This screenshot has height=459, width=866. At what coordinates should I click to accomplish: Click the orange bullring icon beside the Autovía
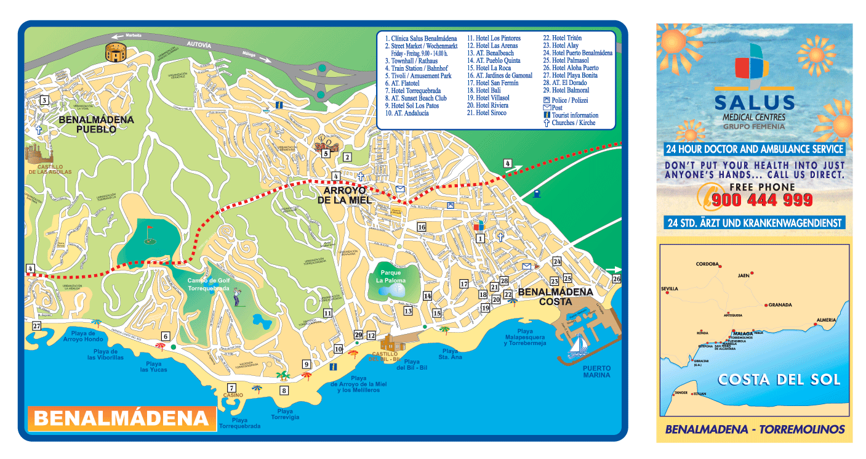coord(115,52)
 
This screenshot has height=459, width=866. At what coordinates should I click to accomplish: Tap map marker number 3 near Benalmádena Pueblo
coord(44,100)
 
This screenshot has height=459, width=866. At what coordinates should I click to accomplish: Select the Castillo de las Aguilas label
coord(50,172)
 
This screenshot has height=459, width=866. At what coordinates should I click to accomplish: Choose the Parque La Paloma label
coord(391,277)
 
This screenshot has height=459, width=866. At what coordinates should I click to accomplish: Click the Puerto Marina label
coord(596,371)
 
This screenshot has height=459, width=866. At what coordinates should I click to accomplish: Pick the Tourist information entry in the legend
coord(575,115)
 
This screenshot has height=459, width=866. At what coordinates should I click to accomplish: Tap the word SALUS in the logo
coord(755,102)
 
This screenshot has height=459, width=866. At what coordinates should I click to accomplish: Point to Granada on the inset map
coord(779,304)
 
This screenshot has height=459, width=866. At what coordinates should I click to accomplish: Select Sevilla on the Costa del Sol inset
coord(669,288)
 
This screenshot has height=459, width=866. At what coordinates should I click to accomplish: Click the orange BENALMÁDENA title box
coord(121,418)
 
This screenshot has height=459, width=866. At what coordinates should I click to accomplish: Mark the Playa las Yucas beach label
coord(153,367)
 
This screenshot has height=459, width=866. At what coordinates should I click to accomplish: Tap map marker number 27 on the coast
coord(36,326)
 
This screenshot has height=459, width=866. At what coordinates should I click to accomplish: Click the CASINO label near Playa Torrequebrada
coord(233,395)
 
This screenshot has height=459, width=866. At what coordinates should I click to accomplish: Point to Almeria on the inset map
coord(826,320)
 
